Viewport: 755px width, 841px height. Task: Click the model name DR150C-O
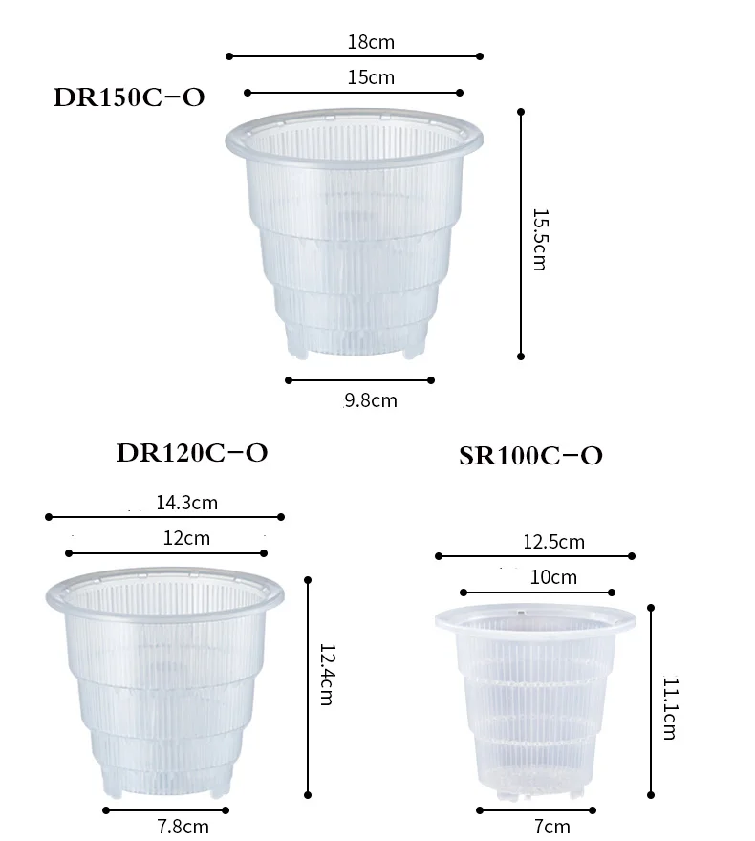129,97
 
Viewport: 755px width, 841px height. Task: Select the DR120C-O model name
191,453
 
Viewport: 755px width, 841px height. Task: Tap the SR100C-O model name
530,456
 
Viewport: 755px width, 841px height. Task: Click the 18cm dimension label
371,42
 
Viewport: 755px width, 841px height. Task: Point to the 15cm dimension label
371,77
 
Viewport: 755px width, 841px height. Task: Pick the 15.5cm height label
538,239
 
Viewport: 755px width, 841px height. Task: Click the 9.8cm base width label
371,400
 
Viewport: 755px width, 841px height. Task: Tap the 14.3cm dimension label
186,502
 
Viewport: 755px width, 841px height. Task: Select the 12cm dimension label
186,538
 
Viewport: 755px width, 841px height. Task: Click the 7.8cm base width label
183,826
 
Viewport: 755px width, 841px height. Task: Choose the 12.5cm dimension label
553,542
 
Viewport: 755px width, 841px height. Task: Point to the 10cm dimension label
553,577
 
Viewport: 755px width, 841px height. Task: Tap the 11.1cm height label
669,709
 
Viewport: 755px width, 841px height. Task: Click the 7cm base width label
552,827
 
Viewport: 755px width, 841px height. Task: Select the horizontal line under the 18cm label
355,56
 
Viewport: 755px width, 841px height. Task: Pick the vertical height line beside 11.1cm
651,700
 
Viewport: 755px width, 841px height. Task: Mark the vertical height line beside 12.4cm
308,686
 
